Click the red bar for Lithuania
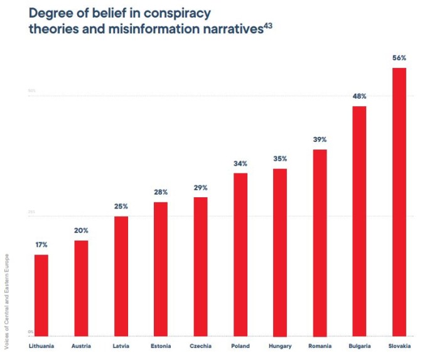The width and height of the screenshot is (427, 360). (41, 295)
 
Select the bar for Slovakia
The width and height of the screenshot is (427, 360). (399, 202)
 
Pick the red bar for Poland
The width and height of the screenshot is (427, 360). (240, 254)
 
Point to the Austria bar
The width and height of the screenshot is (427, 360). (81, 288)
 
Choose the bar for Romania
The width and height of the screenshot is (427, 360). (320, 243)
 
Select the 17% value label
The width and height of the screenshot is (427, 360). (41, 244)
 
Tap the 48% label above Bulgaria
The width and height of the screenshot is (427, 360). (359, 96)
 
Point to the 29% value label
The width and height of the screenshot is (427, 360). (200, 188)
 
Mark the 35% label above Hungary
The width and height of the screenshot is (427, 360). (279, 158)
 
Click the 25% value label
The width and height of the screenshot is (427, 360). (121, 206)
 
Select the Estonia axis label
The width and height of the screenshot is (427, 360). (161, 346)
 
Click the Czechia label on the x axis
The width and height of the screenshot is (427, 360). (200, 346)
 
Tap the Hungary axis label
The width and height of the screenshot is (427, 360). (279, 346)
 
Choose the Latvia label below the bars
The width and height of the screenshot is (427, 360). (121, 346)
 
